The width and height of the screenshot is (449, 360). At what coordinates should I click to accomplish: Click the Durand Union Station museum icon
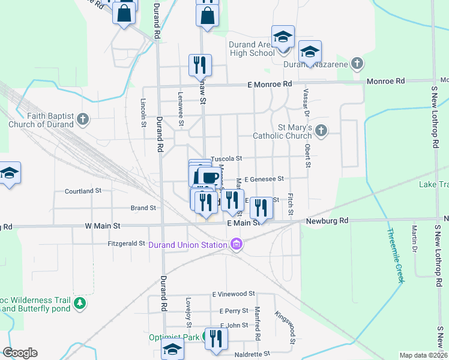click(x=236, y=244)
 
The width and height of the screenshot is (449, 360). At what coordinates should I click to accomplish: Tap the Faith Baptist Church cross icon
click(x=83, y=120)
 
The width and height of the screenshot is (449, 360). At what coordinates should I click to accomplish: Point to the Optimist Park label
click(x=174, y=338)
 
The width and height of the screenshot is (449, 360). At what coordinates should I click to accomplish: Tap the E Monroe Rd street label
click(x=270, y=85)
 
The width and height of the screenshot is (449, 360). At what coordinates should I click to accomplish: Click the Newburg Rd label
click(x=327, y=221)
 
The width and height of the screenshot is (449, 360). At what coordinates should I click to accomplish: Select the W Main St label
click(x=103, y=226)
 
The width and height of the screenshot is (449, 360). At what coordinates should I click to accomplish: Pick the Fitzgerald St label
click(x=126, y=244)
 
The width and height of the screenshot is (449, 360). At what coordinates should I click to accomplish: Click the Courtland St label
click(x=83, y=191)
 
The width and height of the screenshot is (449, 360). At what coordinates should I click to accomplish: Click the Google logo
click(x=20, y=352)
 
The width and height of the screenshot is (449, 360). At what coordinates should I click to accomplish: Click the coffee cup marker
click(x=208, y=177)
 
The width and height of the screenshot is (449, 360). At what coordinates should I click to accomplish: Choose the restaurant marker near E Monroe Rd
click(x=200, y=65)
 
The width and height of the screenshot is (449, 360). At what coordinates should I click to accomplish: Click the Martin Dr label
click(x=415, y=238)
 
